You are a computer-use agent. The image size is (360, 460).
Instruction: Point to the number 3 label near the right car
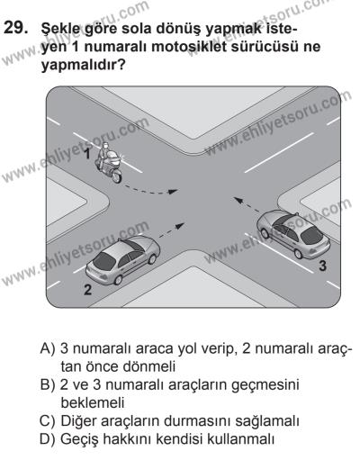tap(321, 266)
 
